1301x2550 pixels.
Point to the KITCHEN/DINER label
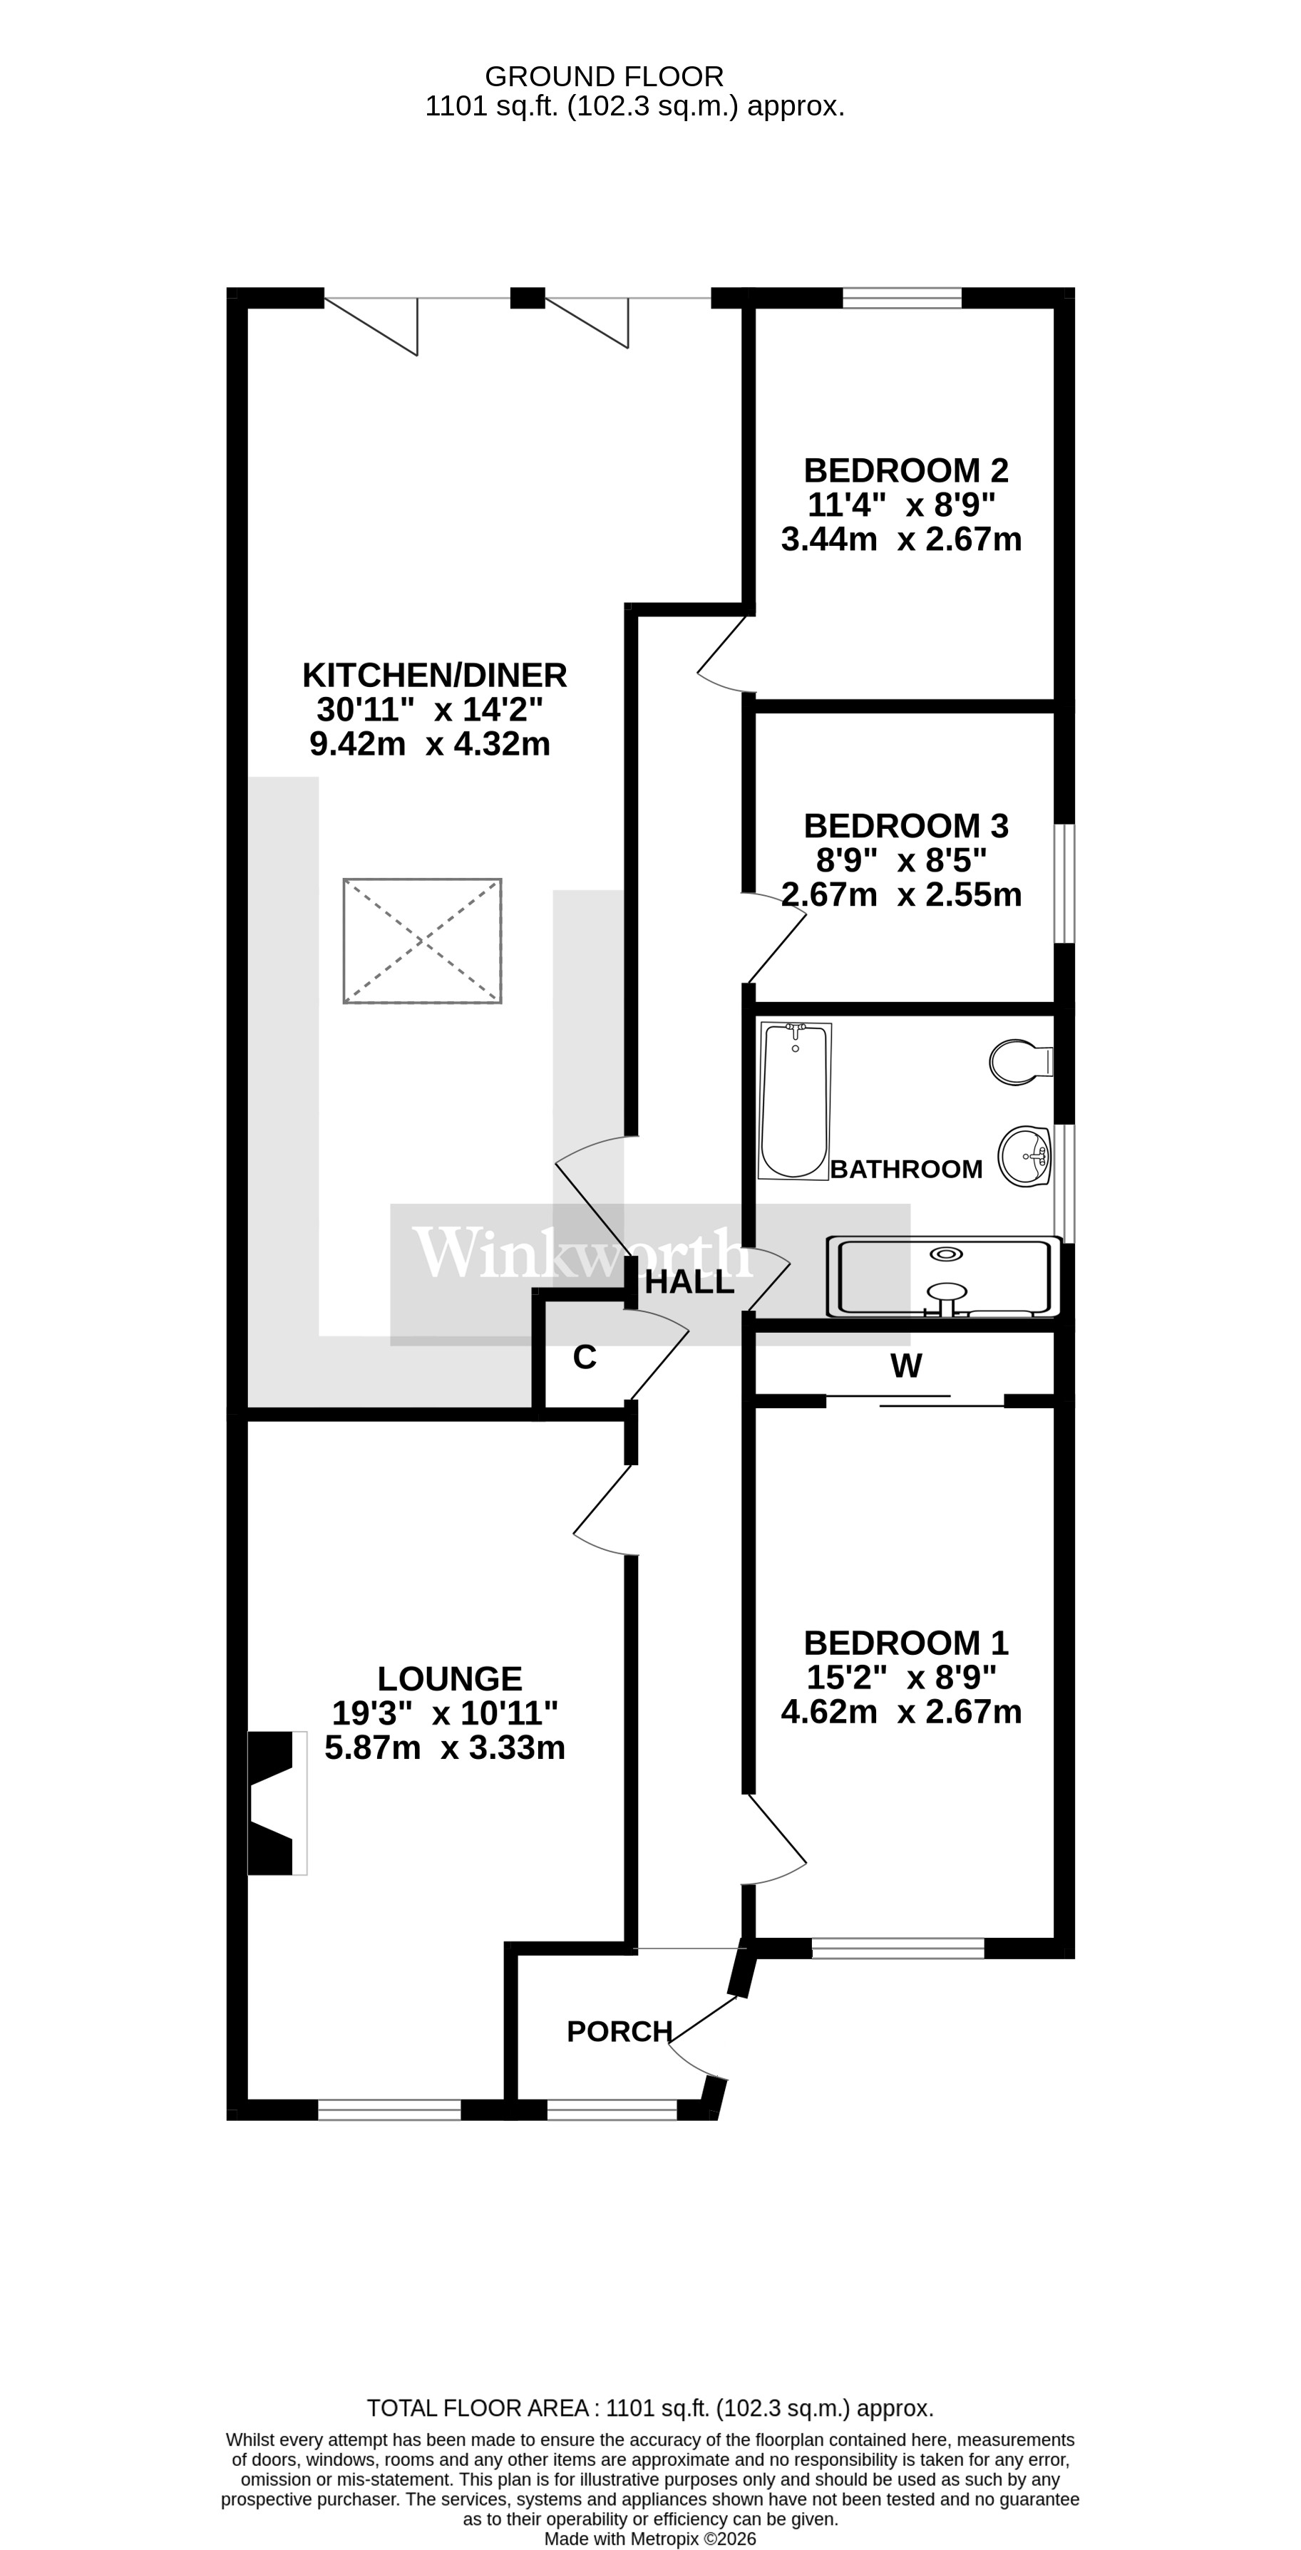click(435, 675)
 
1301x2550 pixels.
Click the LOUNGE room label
click(450, 1679)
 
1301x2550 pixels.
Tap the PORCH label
click(619, 2031)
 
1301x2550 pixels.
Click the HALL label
click(689, 1283)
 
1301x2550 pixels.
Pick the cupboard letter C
click(584, 1357)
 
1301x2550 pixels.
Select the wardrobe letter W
click(906, 1366)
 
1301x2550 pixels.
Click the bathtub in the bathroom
click(794, 1101)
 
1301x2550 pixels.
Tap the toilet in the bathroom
click(1020, 1061)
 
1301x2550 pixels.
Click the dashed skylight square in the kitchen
click(423, 941)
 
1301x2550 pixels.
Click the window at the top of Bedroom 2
click(901, 297)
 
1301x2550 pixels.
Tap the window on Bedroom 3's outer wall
click(1064, 883)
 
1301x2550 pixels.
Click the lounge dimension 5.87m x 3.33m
click(445, 1748)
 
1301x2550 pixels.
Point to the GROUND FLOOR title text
click(604, 76)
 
